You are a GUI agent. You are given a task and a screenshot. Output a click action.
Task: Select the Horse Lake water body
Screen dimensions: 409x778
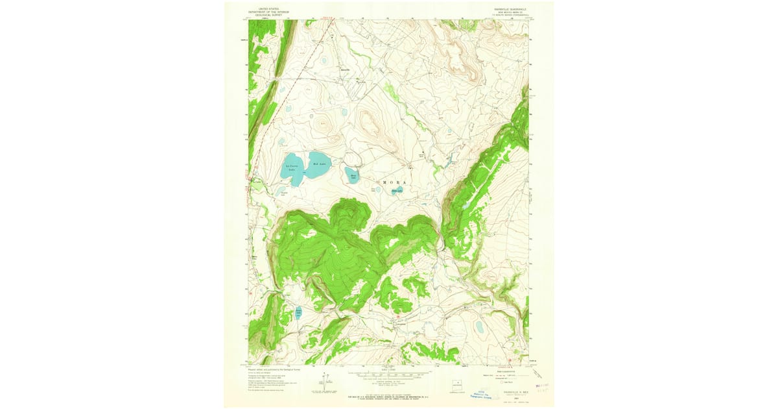point(353,175)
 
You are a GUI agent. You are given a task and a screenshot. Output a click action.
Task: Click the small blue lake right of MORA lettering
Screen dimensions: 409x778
point(397,191)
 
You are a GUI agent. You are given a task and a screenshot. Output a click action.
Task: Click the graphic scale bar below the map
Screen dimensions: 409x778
point(389,375)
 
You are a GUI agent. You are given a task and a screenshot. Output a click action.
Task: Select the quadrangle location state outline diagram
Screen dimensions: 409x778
point(460,383)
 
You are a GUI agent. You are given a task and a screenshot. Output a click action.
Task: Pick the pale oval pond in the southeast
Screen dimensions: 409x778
point(479,327)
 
